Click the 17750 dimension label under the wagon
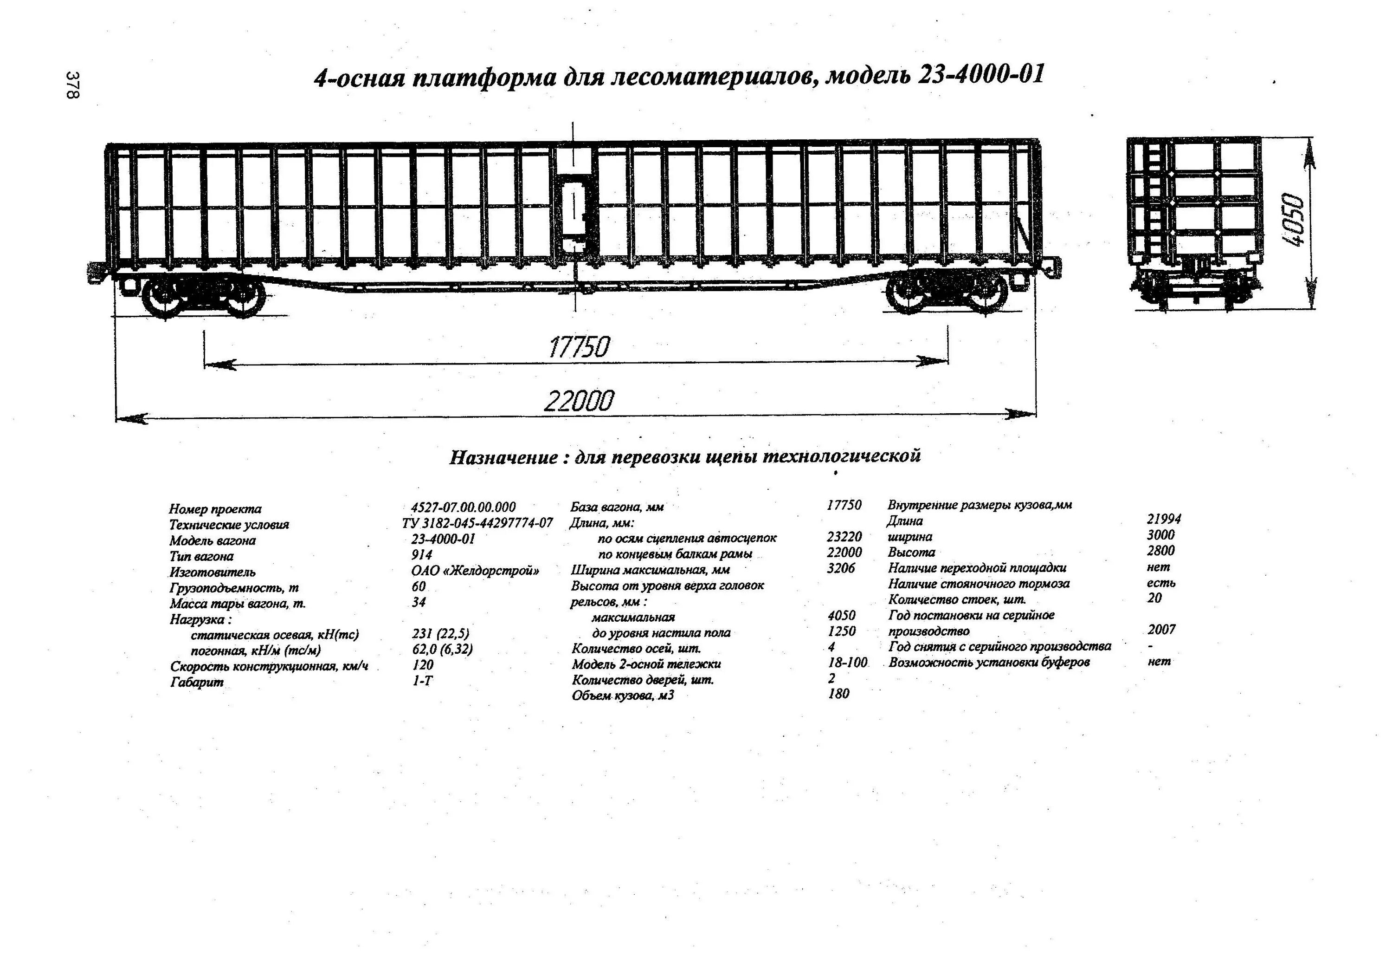tap(579, 347)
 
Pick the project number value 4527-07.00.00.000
tap(464, 507)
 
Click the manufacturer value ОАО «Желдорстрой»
tap(475, 571)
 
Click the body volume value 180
tap(838, 694)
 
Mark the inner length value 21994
tap(1164, 519)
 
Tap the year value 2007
tap(1162, 629)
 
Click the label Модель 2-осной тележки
tap(646, 664)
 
